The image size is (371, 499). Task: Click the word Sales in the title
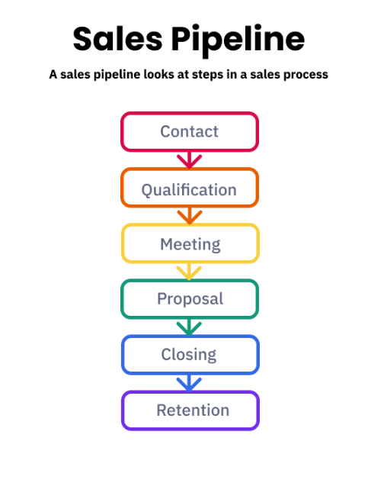point(117,39)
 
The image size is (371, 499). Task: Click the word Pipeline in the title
point(238,41)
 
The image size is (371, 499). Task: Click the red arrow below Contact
point(190,160)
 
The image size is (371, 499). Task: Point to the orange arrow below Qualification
point(190,216)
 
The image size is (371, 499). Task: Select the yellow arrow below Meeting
point(189,272)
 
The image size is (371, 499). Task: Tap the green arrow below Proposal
point(189,327)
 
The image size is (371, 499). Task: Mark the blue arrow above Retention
point(189,383)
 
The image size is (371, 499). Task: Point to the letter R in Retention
point(162,410)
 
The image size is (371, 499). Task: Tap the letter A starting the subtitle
point(53,75)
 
